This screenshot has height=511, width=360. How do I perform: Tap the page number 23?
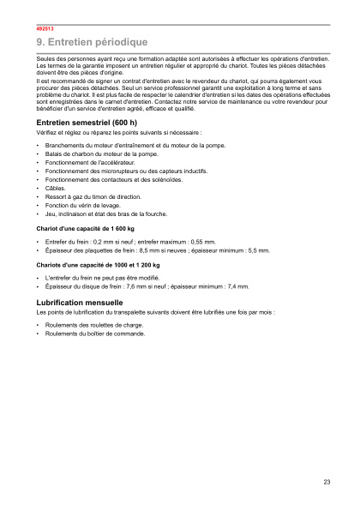point(327,482)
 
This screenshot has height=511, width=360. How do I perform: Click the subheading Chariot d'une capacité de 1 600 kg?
point(86,229)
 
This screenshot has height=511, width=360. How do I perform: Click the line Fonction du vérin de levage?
point(83,206)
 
